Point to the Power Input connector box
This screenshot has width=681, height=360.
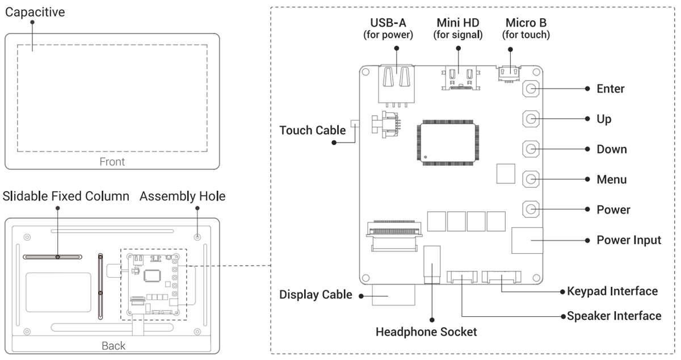[527, 241]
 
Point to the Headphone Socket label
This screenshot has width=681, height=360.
[426, 332]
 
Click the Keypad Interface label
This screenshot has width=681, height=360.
[612, 291]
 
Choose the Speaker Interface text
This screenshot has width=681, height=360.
[614, 316]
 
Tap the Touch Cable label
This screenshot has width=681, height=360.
[313, 131]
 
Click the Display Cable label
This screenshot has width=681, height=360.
[316, 295]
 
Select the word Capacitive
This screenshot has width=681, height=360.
[35, 11]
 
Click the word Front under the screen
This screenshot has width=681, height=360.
[112, 162]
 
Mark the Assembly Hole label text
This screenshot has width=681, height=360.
[182, 196]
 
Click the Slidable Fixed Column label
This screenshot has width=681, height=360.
[66, 196]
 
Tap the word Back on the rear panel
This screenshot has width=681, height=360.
[113, 346]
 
